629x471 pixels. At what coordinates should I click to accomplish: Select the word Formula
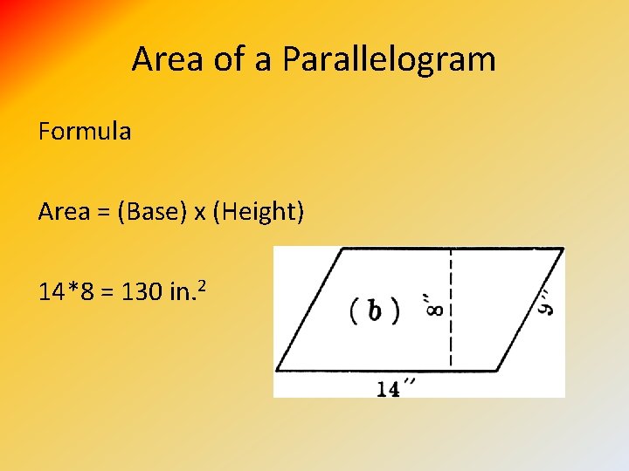85,132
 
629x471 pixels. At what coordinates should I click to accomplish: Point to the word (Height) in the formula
258,211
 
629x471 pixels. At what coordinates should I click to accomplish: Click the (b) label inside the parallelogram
375,311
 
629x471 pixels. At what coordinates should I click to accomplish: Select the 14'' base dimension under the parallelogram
395,389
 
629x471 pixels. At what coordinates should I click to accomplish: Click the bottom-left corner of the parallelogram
277,370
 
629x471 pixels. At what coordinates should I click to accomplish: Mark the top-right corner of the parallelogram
563,249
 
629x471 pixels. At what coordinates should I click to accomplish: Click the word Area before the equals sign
64,211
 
